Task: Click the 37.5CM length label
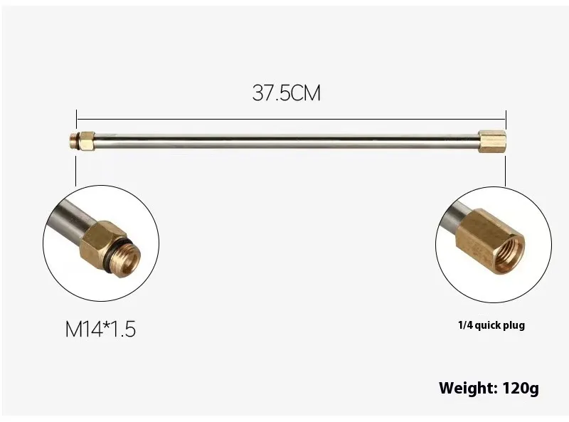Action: (287, 93)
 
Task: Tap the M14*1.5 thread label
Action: (100, 329)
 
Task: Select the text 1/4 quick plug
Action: (491, 325)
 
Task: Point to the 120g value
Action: (521, 389)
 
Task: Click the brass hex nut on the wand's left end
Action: (87, 142)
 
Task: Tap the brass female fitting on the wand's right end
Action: (492, 142)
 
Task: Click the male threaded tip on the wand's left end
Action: (75, 142)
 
